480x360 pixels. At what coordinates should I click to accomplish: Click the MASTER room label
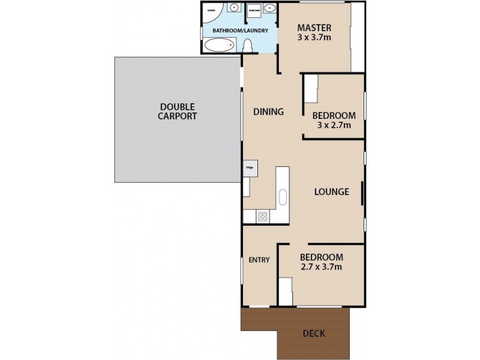click(x=314, y=28)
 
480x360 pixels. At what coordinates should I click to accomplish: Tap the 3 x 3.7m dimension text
click(x=314, y=38)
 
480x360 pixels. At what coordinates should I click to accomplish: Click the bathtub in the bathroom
click(x=219, y=45)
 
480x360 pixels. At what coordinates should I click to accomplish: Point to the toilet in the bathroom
click(x=247, y=46)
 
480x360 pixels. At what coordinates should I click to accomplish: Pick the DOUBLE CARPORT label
click(x=177, y=112)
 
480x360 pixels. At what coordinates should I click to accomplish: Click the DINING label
click(x=268, y=112)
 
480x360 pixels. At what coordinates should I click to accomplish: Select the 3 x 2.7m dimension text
click(x=334, y=125)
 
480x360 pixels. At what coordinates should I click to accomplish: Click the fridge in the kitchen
click(x=250, y=168)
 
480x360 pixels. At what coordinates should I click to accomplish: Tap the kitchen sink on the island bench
click(x=283, y=197)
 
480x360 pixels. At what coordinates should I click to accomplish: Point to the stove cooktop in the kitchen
click(x=262, y=217)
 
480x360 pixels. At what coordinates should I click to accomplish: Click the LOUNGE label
click(x=332, y=192)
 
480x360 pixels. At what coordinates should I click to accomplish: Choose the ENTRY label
click(x=259, y=260)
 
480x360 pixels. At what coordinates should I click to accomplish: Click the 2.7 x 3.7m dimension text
click(x=321, y=267)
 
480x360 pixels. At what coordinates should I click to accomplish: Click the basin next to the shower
click(x=233, y=8)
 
